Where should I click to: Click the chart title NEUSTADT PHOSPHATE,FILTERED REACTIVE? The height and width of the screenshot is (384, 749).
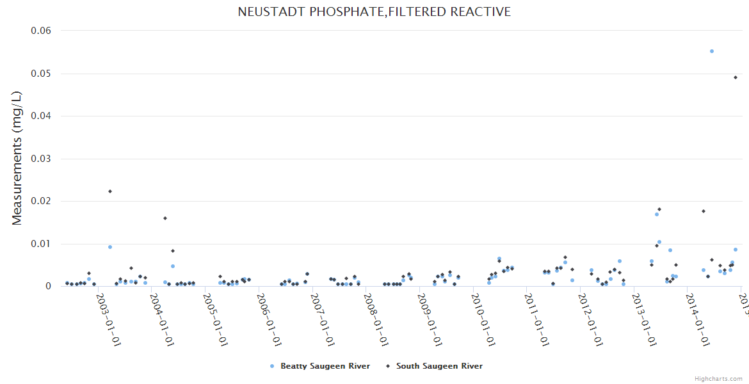374,12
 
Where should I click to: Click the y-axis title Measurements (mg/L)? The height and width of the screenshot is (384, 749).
17,157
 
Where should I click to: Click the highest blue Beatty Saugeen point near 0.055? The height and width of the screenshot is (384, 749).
712,51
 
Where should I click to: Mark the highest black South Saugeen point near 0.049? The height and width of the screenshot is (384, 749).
736,77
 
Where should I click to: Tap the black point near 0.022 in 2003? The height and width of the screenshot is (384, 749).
110,191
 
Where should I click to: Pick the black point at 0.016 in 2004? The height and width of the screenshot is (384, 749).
165,218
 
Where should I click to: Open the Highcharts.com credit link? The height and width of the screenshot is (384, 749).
718,379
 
